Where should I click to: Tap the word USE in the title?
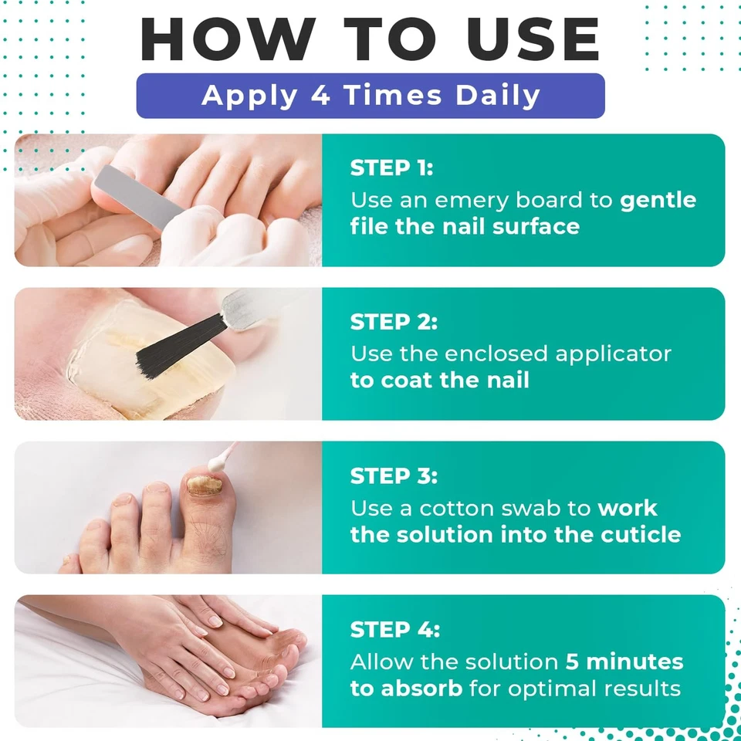pos(533,39)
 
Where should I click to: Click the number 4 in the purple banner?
pos(320,95)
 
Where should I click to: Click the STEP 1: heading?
pos(391,167)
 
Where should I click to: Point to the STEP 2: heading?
pos(394,322)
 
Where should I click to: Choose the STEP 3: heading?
pos(394,476)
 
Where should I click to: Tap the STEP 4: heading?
pos(394,630)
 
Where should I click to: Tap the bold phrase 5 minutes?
pos(624,661)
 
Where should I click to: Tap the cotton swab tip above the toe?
pos(217,463)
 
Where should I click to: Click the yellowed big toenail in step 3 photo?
pos(204,486)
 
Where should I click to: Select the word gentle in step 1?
pos(658,201)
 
